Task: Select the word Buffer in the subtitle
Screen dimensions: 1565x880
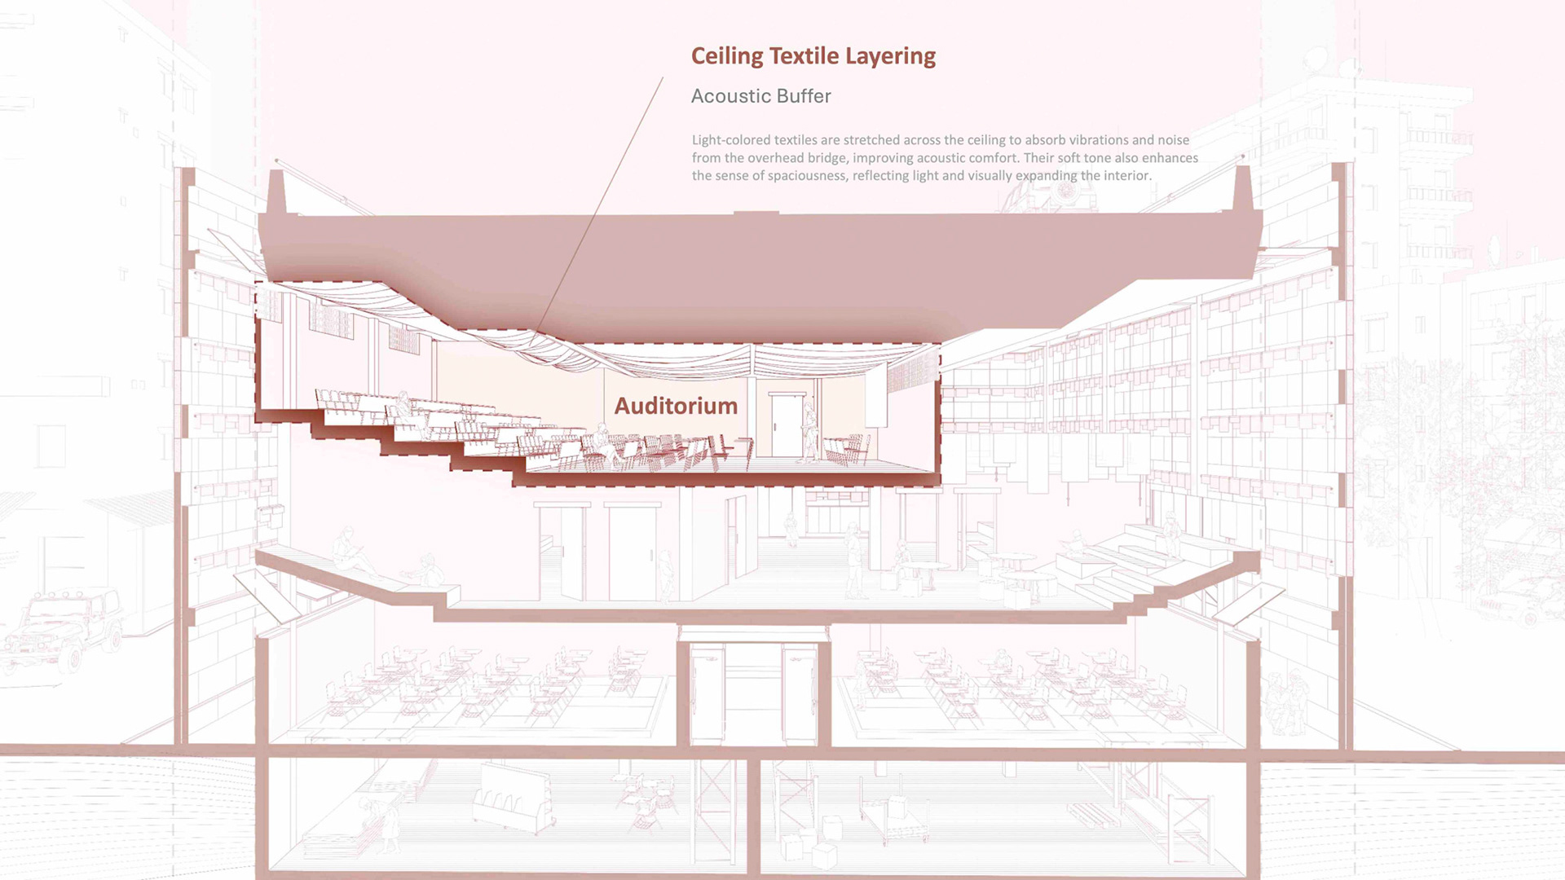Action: pyautogui.click(x=804, y=96)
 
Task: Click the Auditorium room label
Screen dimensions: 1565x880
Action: pyautogui.click(x=676, y=406)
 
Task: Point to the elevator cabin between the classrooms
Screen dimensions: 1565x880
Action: pyautogui.click(x=753, y=693)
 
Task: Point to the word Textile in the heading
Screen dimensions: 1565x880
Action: pyautogui.click(x=804, y=56)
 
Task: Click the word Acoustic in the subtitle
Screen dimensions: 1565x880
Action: pyautogui.click(x=730, y=96)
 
